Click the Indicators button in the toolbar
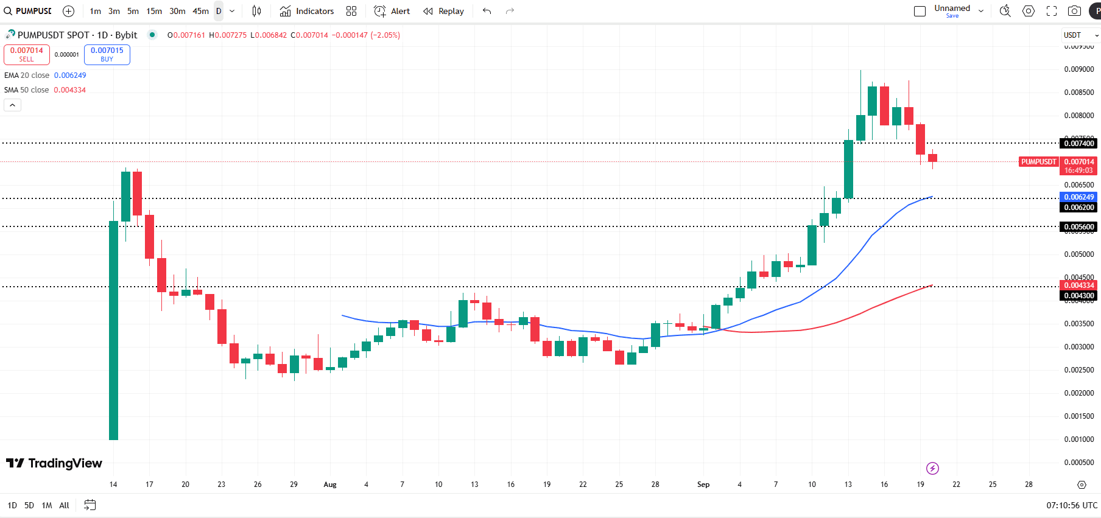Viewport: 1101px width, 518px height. tap(307, 11)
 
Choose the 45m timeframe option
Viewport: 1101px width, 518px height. tap(200, 11)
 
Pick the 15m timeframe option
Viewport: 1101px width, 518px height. tap(154, 11)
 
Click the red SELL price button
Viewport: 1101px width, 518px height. tap(27, 55)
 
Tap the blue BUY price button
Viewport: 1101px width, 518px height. tap(107, 55)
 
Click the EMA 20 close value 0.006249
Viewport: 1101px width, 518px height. tap(70, 75)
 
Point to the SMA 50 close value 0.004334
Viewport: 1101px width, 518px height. tap(69, 90)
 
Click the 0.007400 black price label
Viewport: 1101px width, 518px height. tap(1078, 144)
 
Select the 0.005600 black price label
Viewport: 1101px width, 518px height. tap(1078, 227)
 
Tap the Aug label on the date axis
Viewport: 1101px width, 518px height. tap(330, 485)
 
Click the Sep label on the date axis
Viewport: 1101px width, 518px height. tap(703, 485)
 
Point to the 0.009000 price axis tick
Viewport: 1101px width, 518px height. tap(1078, 69)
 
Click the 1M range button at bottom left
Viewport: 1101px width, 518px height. tap(47, 505)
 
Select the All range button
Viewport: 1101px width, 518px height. tap(64, 505)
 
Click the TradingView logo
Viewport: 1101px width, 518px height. tap(54, 463)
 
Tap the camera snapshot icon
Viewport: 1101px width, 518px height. tap(1074, 11)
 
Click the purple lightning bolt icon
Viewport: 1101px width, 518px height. tap(932, 468)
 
